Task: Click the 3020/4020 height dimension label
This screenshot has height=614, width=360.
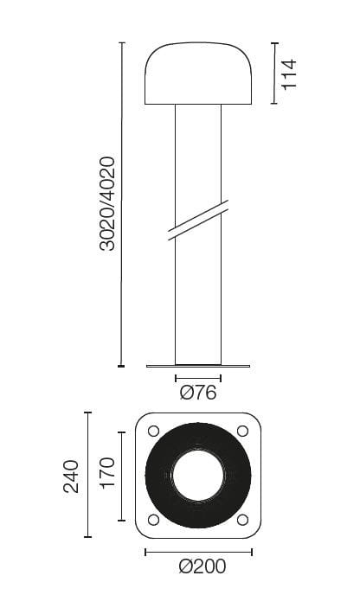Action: (107, 203)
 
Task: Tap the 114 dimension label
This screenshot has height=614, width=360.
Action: (289, 74)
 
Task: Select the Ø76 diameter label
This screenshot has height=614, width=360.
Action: (198, 393)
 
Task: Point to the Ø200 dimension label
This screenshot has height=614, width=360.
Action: (202, 567)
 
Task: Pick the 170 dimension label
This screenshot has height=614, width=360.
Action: (106, 474)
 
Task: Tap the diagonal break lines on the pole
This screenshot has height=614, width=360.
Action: (198, 220)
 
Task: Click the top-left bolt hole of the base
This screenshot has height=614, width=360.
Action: (154, 431)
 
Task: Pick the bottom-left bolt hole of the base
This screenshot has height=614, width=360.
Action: (154, 520)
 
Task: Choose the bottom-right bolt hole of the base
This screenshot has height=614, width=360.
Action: (242, 520)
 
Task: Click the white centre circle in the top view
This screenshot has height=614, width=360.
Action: (198, 476)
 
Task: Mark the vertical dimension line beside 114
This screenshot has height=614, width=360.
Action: (273, 74)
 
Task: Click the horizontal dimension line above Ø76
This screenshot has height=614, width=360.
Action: (198, 378)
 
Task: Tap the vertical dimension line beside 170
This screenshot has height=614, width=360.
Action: (122, 474)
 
